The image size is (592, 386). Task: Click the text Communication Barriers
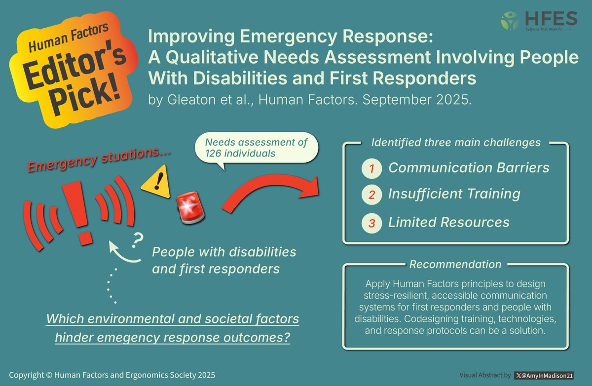pyautogui.click(x=469, y=168)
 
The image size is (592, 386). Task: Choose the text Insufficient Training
pyautogui.click(x=454, y=194)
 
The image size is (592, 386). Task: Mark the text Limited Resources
pyautogui.click(x=448, y=223)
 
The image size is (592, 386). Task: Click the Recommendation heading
pyautogui.click(x=455, y=265)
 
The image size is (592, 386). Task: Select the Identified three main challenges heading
pyautogui.click(x=455, y=143)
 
